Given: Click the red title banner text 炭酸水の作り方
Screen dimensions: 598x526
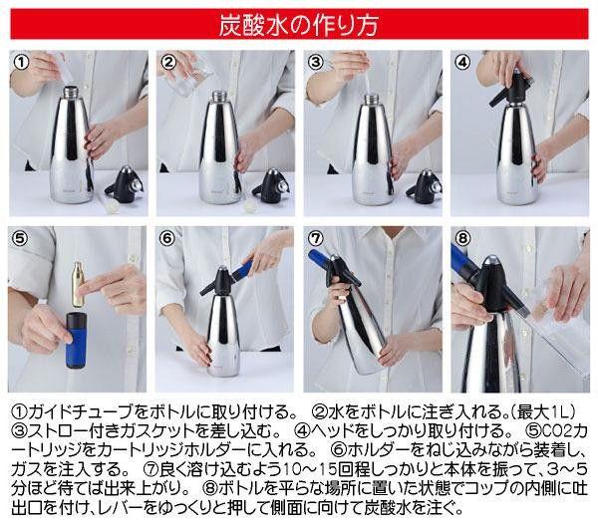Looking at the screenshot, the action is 299,25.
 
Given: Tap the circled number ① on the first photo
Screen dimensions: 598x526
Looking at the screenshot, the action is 22,62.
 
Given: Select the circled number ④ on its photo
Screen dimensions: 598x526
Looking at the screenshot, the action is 463,62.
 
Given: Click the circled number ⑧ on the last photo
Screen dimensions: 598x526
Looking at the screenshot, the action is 463,239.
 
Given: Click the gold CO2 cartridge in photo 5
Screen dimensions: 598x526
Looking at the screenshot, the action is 78,284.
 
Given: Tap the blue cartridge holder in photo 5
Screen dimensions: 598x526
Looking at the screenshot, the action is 77,340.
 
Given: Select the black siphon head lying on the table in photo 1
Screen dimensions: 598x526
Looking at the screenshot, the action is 125,185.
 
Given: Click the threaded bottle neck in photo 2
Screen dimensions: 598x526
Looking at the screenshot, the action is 218,96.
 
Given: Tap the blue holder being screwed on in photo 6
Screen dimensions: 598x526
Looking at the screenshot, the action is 242,269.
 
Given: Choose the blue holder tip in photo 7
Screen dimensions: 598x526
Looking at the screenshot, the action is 319,258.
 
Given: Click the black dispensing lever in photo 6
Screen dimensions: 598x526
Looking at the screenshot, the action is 210,287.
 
